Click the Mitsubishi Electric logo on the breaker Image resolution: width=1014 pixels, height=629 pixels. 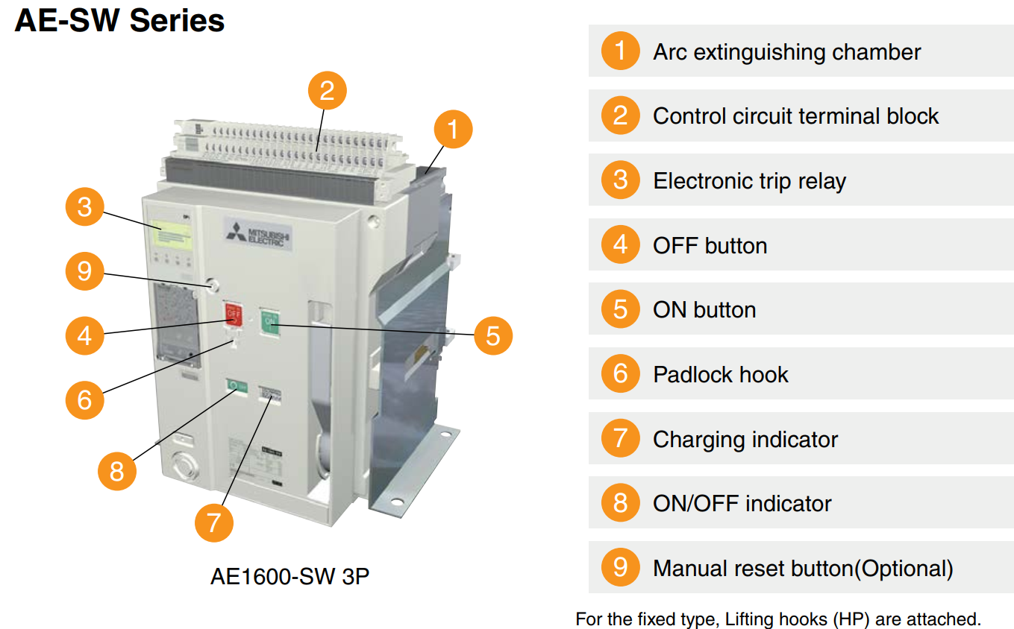[259, 236]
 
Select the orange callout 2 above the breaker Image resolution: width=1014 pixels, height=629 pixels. [327, 91]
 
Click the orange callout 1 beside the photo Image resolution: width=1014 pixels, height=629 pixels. [453, 129]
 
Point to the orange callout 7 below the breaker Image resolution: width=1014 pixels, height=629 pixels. [214, 522]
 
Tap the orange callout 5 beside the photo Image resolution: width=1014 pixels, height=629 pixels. [492, 335]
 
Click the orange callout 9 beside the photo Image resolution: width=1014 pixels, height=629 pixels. [84, 271]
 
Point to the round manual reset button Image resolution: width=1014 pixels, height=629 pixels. [214, 285]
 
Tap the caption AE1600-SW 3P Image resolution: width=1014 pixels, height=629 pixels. [290, 577]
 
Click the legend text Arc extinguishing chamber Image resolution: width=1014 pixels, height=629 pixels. [786, 52]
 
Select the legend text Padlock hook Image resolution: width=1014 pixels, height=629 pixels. [720, 374]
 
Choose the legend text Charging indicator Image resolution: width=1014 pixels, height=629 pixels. [745, 439]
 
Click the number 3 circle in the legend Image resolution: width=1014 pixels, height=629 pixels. [620, 180]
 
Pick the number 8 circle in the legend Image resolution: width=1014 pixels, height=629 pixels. [620, 503]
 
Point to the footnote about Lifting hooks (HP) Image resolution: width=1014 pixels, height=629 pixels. [778, 619]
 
